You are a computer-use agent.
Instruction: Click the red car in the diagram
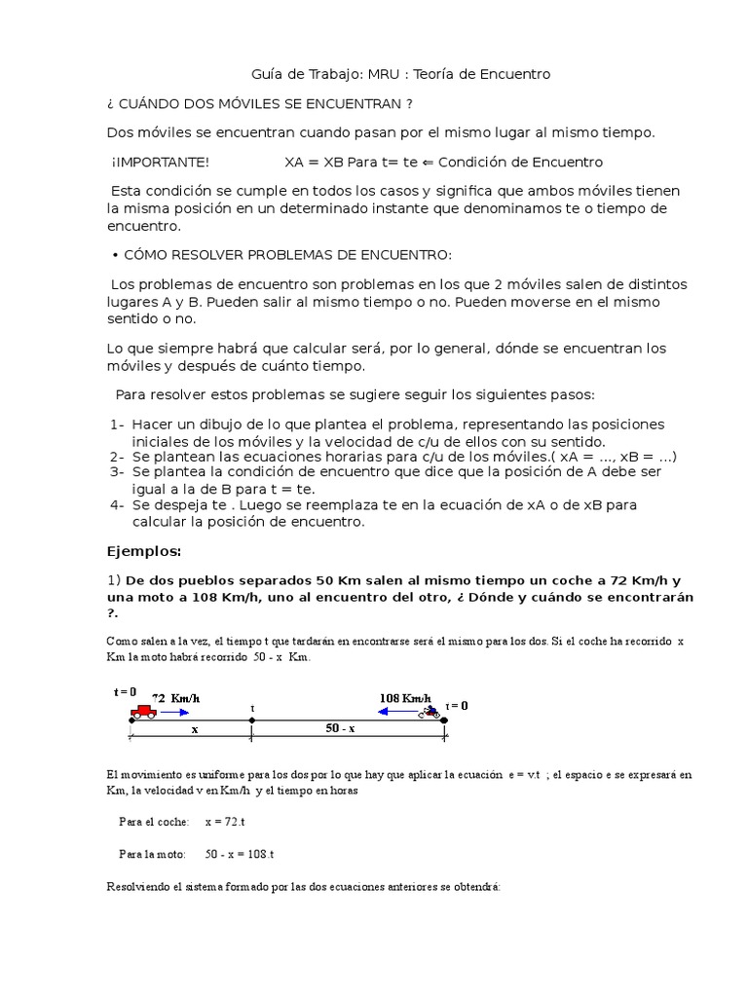point(143,711)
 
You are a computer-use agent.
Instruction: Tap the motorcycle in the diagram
point(430,713)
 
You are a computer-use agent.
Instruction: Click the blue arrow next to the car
point(175,713)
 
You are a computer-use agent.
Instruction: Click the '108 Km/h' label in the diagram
point(404,698)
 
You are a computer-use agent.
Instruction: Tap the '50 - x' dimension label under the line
point(339,728)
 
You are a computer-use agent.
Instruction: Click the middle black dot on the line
point(252,721)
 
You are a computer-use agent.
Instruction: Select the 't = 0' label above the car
point(126,691)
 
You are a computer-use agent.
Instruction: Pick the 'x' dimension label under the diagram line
point(194,728)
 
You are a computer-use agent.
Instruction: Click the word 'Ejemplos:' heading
point(144,551)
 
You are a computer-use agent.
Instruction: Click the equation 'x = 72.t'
point(226,821)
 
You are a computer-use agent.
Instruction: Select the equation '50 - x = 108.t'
point(240,854)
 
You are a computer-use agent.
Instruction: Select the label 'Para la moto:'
point(152,854)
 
